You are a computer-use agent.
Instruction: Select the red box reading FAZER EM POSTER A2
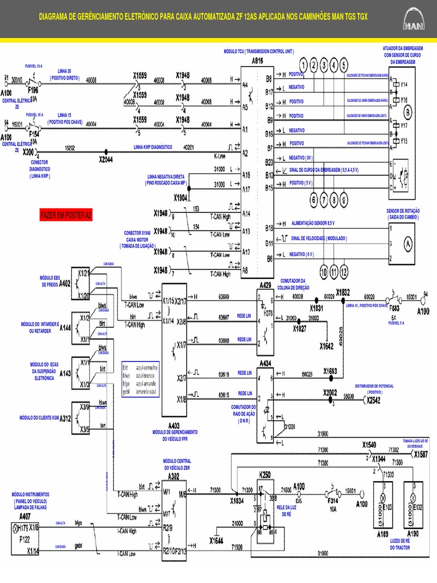coord(65,215)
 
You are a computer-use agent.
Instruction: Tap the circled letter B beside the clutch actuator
coord(408,112)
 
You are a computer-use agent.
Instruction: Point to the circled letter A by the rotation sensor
coord(407,244)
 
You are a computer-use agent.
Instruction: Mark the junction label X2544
coord(106,160)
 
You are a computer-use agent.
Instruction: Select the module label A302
coord(174,476)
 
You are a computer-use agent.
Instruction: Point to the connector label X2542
coord(373,400)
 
